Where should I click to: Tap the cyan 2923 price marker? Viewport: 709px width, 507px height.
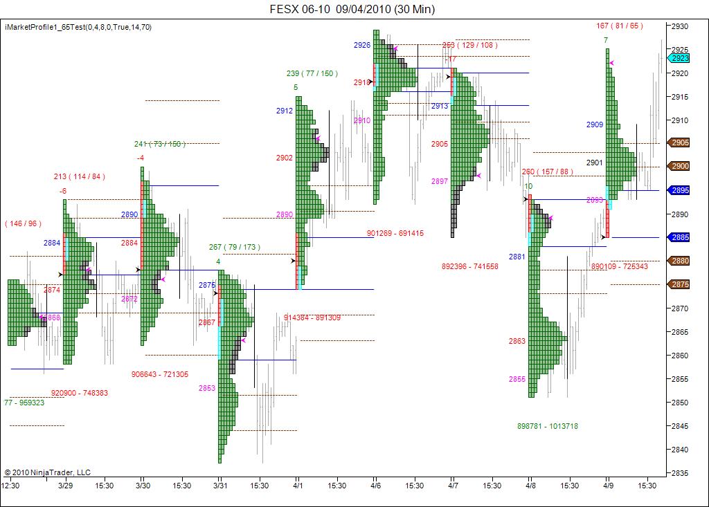[679, 59]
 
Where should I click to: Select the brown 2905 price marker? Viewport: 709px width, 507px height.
[679, 142]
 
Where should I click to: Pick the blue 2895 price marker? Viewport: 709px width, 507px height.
[679, 190]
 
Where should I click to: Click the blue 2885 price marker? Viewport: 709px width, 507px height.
[679, 237]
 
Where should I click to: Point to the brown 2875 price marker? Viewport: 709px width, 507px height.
[679, 284]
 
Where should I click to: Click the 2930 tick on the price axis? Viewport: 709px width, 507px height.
[679, 26]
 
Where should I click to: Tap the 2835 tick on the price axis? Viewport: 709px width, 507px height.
[679, 473]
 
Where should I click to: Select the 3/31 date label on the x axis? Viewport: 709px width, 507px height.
[219, 486]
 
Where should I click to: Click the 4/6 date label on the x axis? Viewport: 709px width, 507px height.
[375, 486]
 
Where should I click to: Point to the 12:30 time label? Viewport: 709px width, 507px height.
[10, 486]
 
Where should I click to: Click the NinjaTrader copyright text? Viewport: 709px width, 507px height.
[47, 472]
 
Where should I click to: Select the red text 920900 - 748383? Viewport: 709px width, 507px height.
[80, 393]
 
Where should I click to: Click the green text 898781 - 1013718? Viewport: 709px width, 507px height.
[547, 426]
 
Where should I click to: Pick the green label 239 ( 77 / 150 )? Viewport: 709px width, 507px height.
[312, 73]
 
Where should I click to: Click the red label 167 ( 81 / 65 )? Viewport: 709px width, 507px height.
[619, 26]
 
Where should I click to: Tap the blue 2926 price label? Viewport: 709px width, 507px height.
[361, 45]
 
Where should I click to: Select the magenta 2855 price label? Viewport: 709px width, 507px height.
[517, 379]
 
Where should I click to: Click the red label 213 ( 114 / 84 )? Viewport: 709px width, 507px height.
[79, 176]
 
